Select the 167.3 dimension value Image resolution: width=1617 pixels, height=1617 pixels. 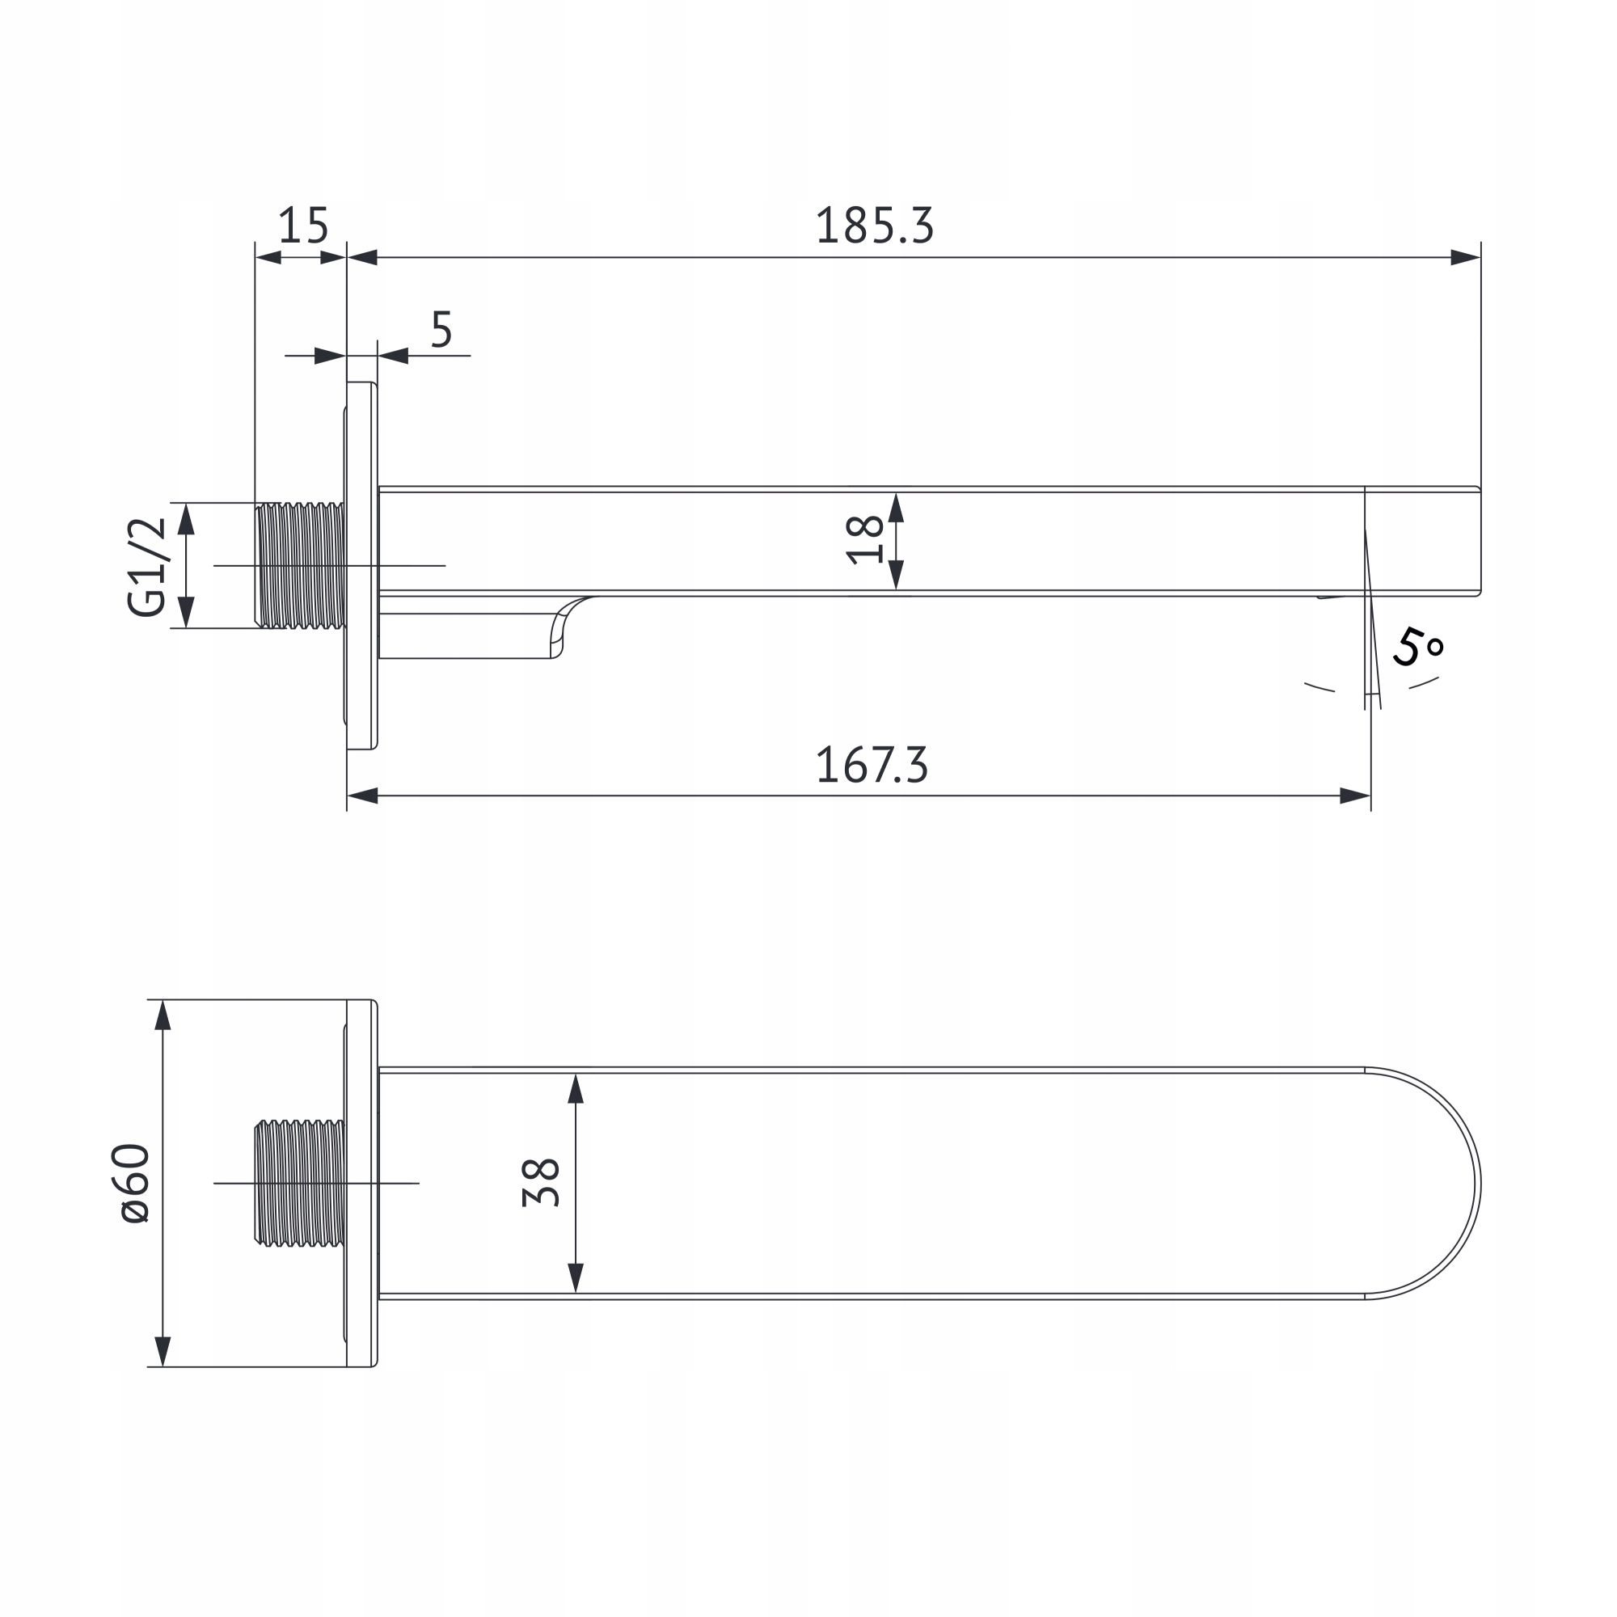point(872,765)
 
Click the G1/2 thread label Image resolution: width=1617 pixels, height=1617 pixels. point(147,567)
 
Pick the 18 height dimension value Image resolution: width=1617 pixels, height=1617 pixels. point(864,540)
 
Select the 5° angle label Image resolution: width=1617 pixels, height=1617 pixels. point(1418,647)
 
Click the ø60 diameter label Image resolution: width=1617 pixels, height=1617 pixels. point(136,1184)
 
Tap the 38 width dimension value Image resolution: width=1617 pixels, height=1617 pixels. point(541,1182)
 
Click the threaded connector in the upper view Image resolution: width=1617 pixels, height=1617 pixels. point(301,565)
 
